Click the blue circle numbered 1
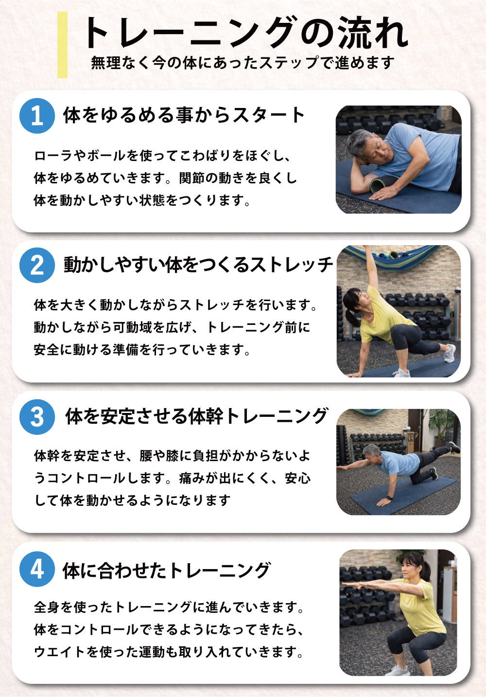[x=37, y=116]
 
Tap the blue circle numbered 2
[x=37, y=265]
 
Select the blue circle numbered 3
[x=37, y=417]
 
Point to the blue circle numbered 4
[x=37, y=569]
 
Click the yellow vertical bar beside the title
[x=62, y=45]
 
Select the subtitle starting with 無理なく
[x=243, y=63]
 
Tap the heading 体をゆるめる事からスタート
[x=184, y=115]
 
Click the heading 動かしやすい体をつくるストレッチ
[x=198, y=265]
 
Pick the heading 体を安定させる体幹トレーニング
[x=196, y=416]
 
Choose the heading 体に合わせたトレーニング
[x=166, y=571]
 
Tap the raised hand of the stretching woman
[x=367, y=249]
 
